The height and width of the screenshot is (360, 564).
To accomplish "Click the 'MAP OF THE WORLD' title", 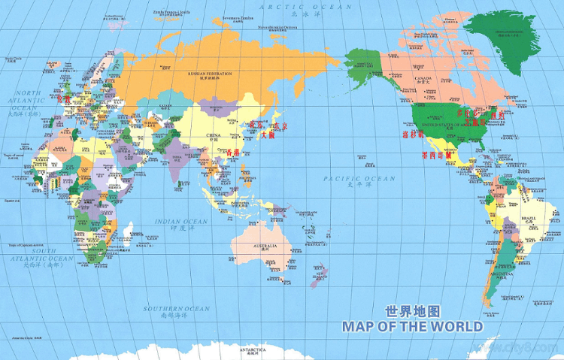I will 411,327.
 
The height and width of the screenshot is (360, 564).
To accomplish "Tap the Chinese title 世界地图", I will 411,311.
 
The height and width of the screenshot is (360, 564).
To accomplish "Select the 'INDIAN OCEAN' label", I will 181,222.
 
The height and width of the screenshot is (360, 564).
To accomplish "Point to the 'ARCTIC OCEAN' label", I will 304,7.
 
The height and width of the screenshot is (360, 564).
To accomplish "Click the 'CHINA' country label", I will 213,135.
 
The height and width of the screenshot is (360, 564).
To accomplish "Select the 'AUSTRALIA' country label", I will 265,247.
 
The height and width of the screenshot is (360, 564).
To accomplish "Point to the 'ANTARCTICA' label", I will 253,350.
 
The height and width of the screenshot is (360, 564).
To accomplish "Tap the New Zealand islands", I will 319,271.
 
